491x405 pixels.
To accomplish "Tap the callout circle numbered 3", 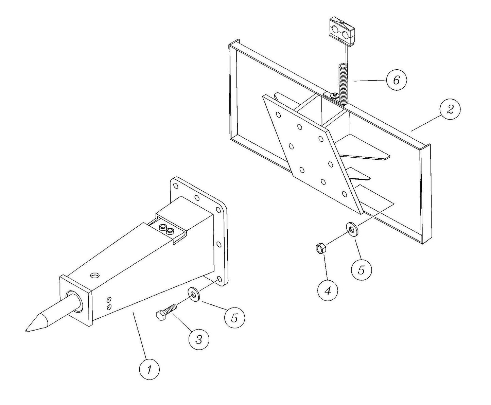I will pos(199,339).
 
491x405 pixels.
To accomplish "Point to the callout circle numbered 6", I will pos(396,80).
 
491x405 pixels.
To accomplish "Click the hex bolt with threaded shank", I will pos(166,311).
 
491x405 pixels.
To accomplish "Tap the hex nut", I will pos(320,249).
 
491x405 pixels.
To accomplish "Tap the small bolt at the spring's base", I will pos(334,95).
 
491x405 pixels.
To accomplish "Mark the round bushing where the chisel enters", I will pos(75,301).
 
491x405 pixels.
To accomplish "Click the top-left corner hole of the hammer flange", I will pos(175,186).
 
